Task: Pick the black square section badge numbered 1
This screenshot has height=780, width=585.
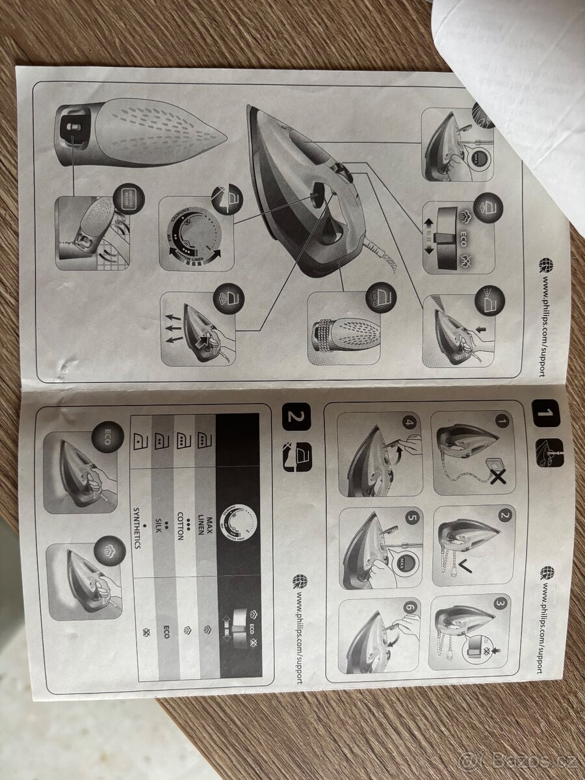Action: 546,413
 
